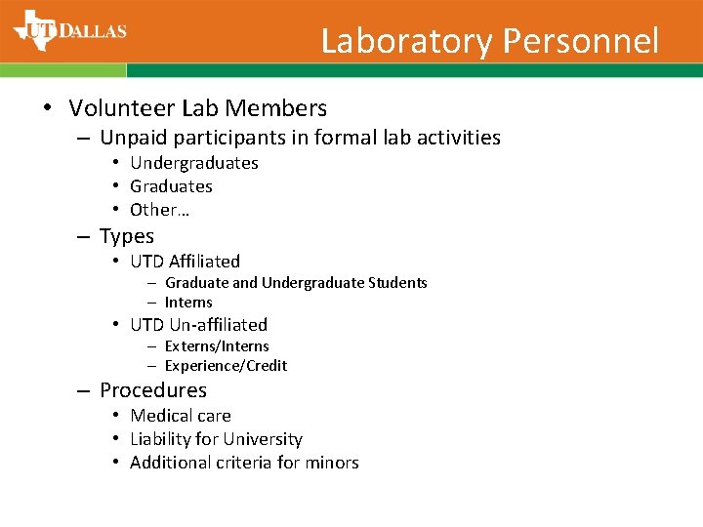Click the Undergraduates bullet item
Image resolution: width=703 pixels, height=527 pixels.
click(194, 163)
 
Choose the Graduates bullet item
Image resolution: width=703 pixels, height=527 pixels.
click(171, 186)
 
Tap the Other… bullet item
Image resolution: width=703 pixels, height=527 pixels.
click(159, 210)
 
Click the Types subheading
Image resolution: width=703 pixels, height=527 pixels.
click(127, 236)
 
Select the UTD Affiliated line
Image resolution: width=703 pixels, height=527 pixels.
click(185, 262)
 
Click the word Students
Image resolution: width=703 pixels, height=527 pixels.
click(397, 283)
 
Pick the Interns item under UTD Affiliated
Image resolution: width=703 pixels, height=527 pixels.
click(188, 303)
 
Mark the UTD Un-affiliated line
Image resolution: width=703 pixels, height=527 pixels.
click(198, 325)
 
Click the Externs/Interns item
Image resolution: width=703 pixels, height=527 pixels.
click(217, 346)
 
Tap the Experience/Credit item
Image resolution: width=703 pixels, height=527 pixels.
click(226, 366)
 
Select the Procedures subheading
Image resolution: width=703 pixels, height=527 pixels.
click(153, 390)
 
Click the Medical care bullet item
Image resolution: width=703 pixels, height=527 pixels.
click(181, 416)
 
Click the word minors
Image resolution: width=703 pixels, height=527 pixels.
click(333, 463)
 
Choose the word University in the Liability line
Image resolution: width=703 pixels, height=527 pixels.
click(263, 439)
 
